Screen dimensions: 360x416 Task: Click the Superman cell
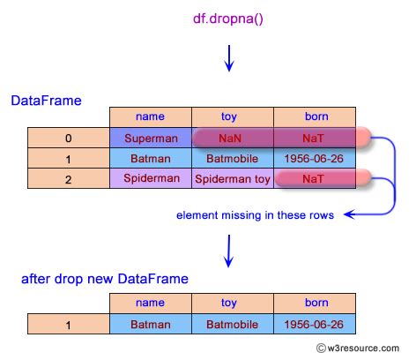coord(151,139)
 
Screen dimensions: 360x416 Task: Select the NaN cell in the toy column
coord(233,139)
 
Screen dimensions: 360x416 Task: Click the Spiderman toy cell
coord(233,179)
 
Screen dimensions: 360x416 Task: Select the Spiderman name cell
coord(151,179)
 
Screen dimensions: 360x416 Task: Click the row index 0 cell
coord(69,139)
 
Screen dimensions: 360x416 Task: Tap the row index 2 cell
coord(69,179)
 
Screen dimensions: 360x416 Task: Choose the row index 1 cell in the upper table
coord(69,159)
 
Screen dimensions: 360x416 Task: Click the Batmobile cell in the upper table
coord(233,159)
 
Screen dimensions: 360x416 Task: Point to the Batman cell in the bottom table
coord(151,325)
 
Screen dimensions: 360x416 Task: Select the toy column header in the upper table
coord(233,116)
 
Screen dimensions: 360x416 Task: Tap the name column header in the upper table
coord(151,116)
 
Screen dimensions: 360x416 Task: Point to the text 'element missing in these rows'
coord(255,214)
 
